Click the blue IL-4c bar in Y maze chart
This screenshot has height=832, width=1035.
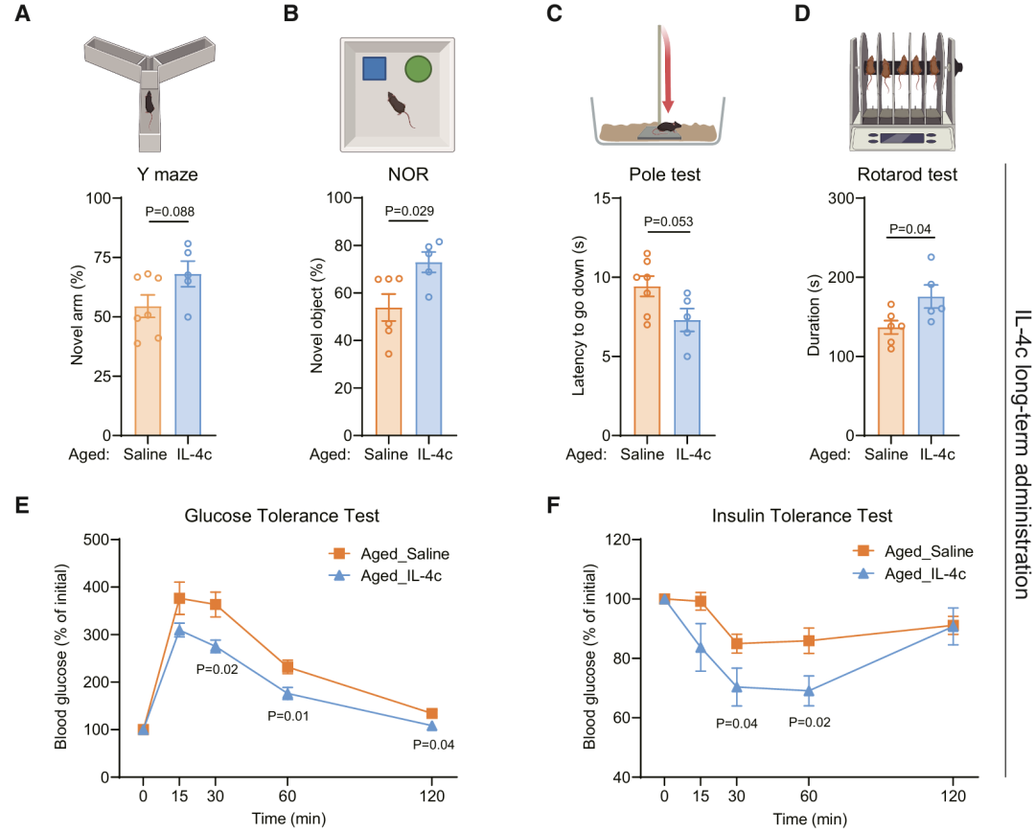(188, 355)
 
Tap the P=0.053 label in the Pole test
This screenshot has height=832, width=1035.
(668, 221)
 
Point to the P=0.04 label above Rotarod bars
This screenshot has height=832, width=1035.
(910, 229)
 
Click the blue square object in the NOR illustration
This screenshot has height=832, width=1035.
(375, 69)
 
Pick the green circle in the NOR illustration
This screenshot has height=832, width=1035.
(418, 69)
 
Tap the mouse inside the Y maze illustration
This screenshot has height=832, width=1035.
(149, 104)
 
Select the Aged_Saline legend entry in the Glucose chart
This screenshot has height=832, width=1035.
(389, 553)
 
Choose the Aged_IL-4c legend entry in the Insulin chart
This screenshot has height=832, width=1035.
(909, 574)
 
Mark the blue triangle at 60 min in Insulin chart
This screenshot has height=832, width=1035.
(809, 691)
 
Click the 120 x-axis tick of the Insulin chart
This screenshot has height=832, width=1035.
(953, 797)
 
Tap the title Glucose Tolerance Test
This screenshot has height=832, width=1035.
(282, 516)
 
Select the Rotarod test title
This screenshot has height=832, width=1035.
(907, 174)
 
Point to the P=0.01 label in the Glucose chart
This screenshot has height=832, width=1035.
(287, 716)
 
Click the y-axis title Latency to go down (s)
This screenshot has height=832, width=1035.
(579, 315)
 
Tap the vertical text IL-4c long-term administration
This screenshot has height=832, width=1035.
(1021, 454)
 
